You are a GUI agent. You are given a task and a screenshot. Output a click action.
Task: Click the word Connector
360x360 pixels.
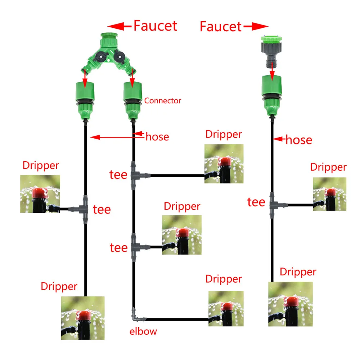pyautogui.click(x=163, y=100)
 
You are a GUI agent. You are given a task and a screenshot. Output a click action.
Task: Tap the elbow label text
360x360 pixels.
pyautogui.click(x=143, y=331)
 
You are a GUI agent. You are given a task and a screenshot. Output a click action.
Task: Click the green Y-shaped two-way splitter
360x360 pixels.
pyautogui.click(x=109, y=54)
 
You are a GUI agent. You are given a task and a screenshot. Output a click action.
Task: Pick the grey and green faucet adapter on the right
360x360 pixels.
pyautogui.click(x=271, y=52)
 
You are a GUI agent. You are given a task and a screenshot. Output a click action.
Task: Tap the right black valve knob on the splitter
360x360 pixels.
pyautogui.click(x=120, y=57)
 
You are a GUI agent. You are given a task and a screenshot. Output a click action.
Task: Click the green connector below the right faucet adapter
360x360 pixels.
pyautogui.click(x=272, y=95)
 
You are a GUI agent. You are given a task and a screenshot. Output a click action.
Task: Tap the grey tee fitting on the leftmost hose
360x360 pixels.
pyautogui.click(x=81, y=209)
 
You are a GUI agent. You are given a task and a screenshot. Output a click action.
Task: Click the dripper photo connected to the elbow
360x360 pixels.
pyautogui.click(x=226, y=309)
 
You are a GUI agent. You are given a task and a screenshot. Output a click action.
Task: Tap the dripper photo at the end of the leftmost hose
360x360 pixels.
pyautogui.click(x=83, y=318)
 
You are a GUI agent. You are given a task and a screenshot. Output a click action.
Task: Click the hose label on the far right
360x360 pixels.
pyautogui.click(x=299, y=140)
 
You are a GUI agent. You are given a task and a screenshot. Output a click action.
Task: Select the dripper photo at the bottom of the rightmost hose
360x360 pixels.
pyautogui.click(x=291, y=304)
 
